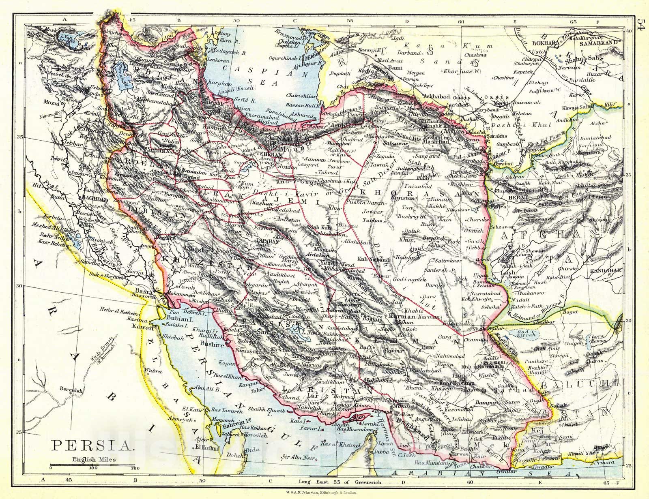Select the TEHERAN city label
(x=266, y=155)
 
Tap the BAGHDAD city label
(x=94, y=199)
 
